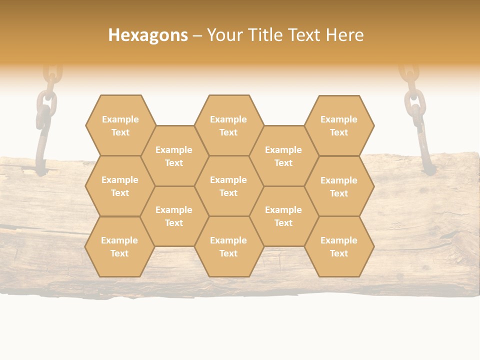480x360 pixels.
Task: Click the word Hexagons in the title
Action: (148, 35)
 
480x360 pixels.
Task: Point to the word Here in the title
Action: (345, 35)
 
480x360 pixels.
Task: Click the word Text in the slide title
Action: (305, 35)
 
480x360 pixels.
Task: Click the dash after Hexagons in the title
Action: (197, 35)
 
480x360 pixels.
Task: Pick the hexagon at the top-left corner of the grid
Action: (120, 125)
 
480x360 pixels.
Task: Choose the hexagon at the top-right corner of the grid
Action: (339, 125)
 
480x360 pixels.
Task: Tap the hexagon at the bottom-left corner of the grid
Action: (119, 246)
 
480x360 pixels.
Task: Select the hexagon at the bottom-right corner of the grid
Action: (339, 246)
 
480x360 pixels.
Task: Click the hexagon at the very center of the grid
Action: (228, 186)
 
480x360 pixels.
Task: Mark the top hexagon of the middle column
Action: (228, 125)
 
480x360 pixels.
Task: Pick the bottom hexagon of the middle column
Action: (228, 246)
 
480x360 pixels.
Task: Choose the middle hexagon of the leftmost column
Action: (120, 186)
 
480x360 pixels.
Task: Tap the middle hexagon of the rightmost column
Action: (339, 186)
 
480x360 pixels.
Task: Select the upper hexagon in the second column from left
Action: (174, 156)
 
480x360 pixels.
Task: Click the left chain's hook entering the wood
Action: (39, 150)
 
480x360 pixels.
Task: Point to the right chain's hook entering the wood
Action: (425, 155)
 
